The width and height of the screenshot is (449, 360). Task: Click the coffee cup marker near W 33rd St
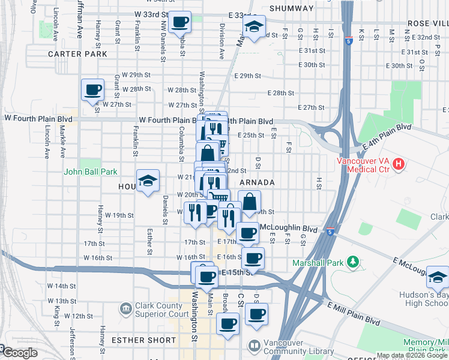(x=180, y=23)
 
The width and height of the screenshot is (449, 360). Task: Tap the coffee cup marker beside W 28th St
(x=92, y=91)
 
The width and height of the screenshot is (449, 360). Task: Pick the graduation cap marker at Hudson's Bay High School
(x=438, y=278)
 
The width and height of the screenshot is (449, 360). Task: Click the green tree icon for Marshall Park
(x=354, y=262)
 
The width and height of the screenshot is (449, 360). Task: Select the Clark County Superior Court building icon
(x=125, y=308)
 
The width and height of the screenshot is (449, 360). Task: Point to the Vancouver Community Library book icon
(x=255, y=346)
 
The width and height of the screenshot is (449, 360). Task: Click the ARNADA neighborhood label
(x=258, y=182)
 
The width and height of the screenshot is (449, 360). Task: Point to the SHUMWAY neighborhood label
(x=292, y=8)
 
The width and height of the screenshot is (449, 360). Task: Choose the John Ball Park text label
(x=91, y=172)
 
